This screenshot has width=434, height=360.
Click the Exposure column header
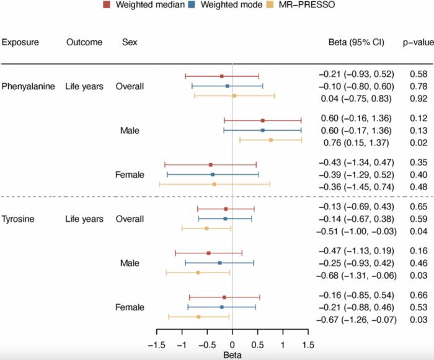click(20, 43)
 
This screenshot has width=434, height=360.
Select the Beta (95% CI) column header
click(356, 43)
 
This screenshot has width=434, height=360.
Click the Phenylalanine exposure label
click(27, 86)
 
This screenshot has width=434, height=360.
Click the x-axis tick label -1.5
click(157, 345)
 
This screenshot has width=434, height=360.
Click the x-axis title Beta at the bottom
click(232, 356)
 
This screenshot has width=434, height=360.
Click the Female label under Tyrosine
click(130, 307)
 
